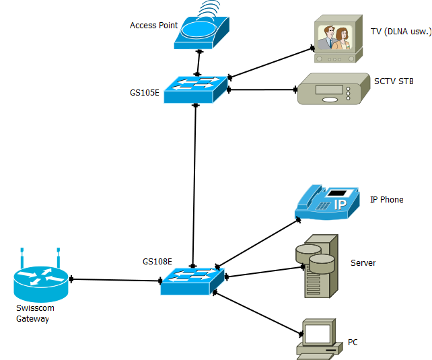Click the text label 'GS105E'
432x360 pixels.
coord(145,92)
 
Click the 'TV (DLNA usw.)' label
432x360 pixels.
coord(396,31)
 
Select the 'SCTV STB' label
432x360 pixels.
coord(394,81)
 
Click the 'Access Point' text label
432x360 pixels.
coord(153,26)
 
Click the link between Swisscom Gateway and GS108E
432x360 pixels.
coord(114,279)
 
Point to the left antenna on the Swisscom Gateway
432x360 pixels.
coord(22,256)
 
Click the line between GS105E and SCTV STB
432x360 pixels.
coord(262,89)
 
